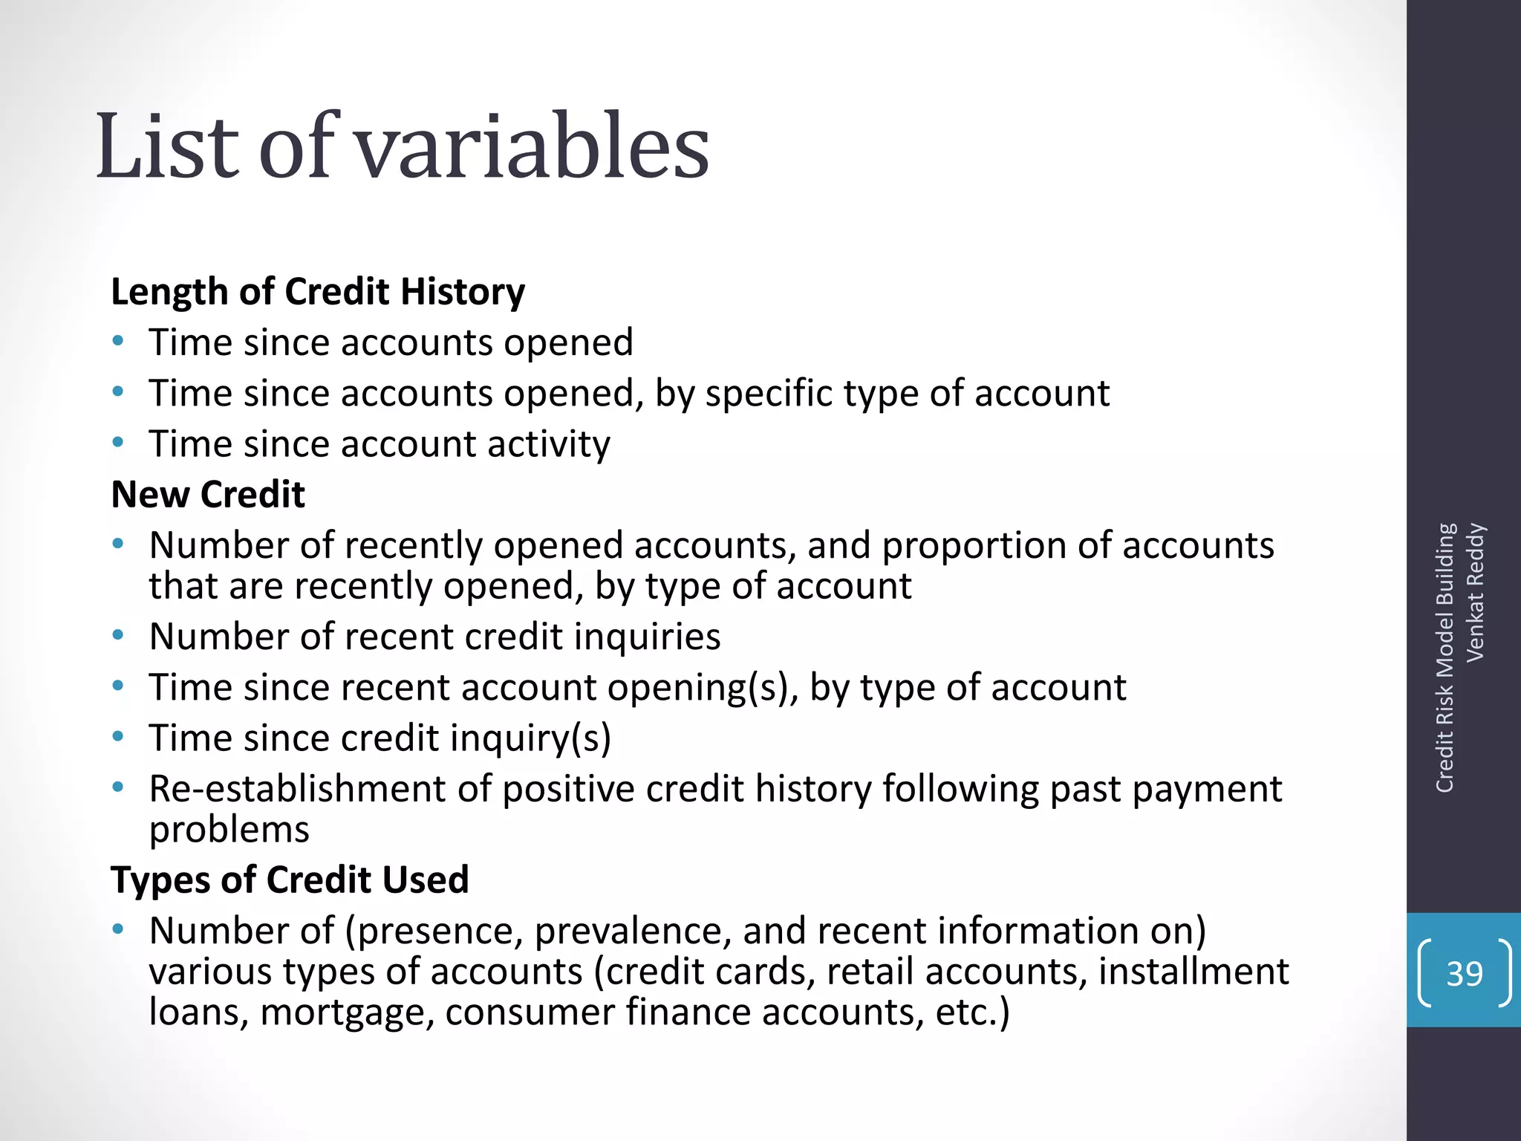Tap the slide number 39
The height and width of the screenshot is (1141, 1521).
(x=1464, y=973)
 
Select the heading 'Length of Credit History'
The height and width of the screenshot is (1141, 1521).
(x=318, y=292)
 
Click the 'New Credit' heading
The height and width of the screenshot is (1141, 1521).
(x=208, y=495)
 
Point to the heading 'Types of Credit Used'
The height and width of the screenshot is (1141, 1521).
(x=290, y=880)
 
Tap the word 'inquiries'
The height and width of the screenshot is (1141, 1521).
(x=647, y=637)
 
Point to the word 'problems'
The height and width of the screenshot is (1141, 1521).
(x=229, y=830)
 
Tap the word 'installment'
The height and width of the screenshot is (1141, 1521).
(x=1193, y=972)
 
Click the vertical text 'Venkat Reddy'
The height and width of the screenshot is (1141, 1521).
(x=1475, y=592)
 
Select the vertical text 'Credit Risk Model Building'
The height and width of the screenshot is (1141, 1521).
(x=1445, y=657)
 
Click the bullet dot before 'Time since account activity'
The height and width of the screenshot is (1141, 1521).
(x=118, y=443)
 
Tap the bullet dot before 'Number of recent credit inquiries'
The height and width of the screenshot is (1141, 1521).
(x=118, y=636)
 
